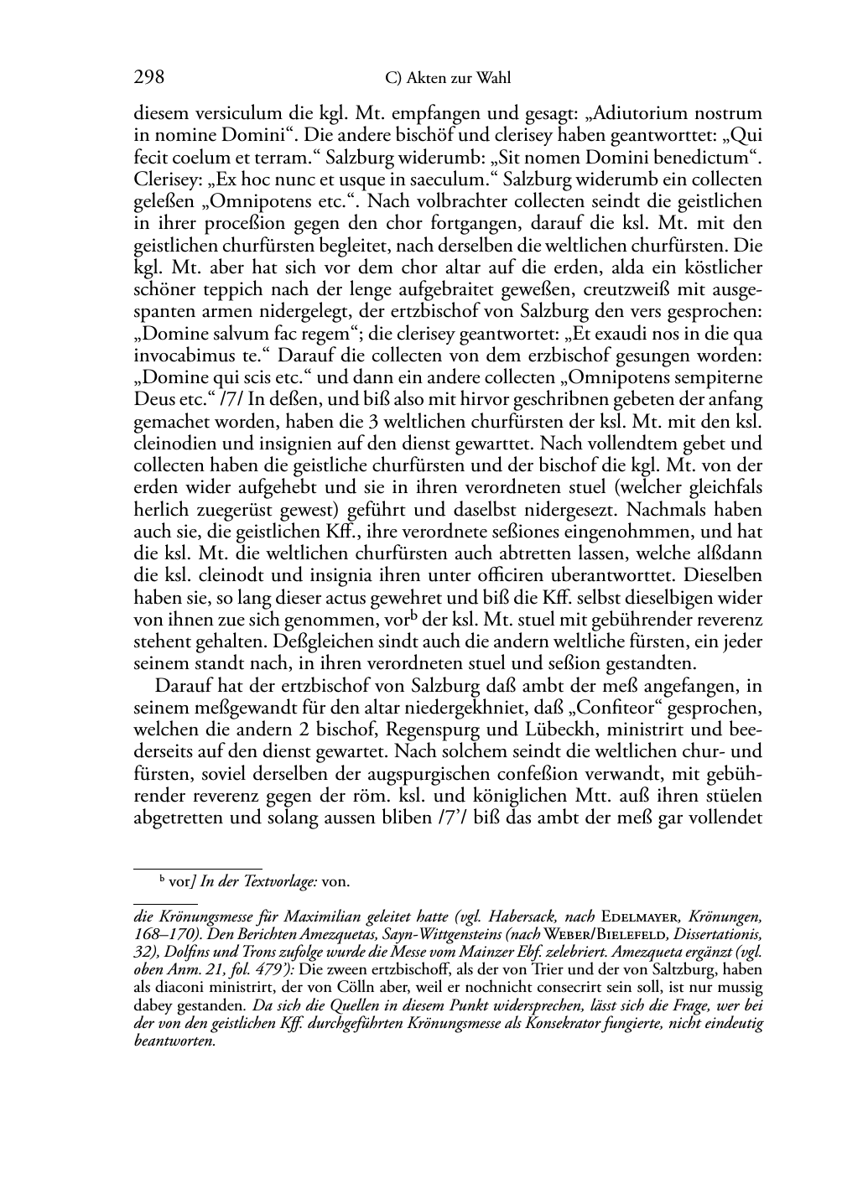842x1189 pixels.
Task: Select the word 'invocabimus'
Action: (178, 356)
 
